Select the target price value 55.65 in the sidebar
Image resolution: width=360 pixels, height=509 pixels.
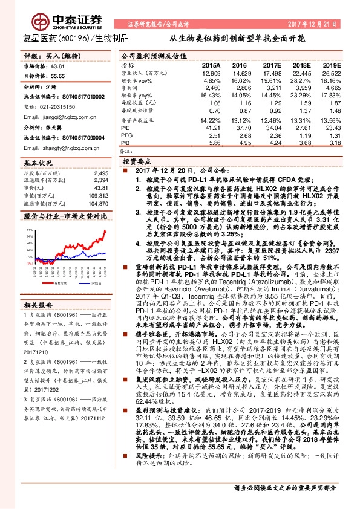57,77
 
